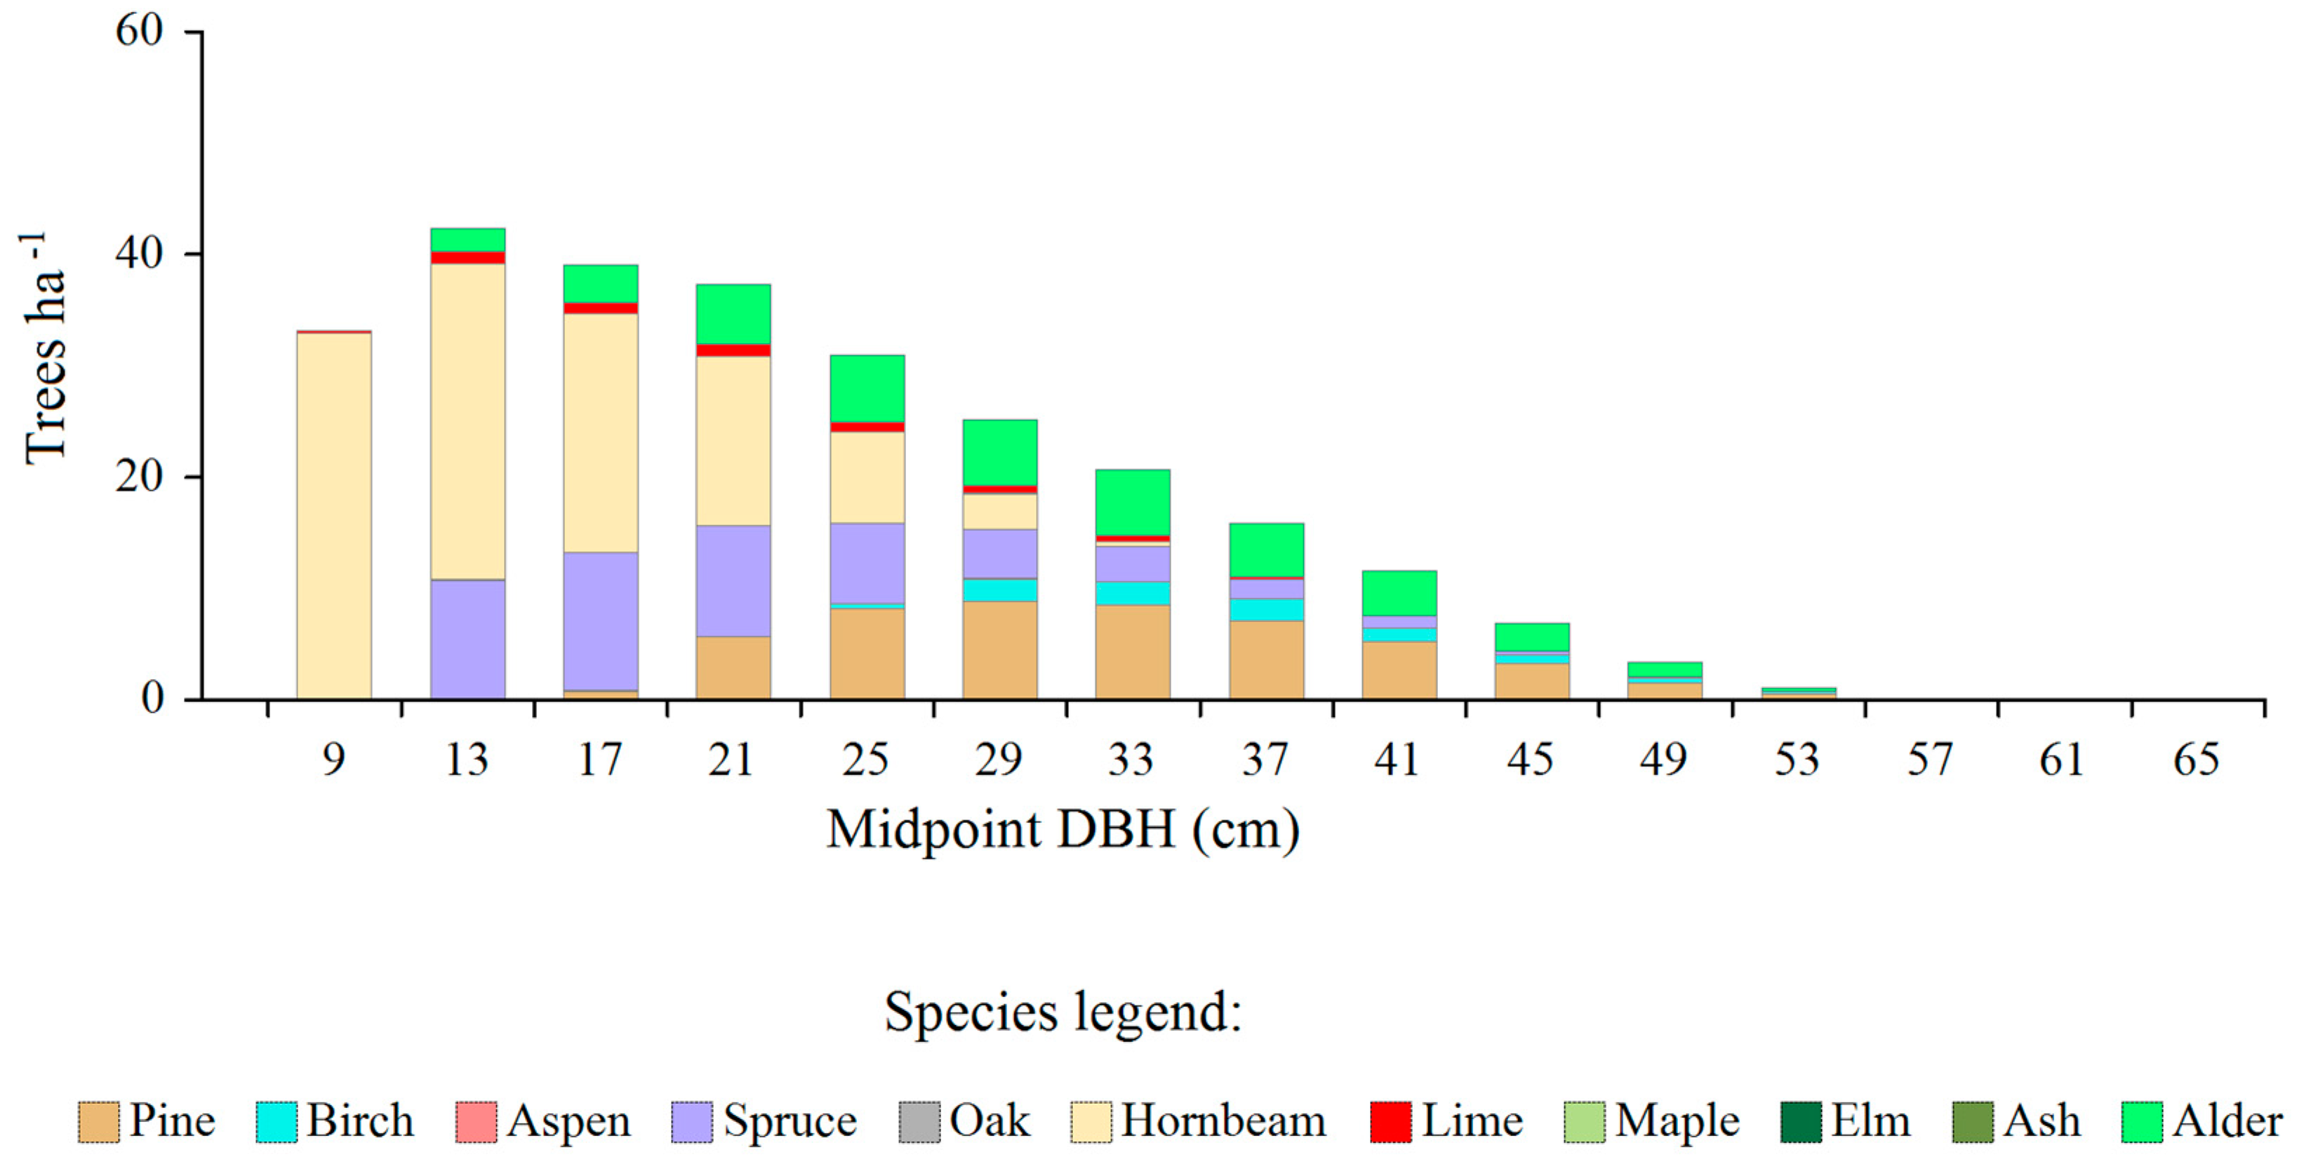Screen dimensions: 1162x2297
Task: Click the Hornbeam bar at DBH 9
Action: (x=333, y=515)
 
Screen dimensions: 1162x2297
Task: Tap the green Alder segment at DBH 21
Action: (x=733, y=314)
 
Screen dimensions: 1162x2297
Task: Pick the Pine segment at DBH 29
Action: (x=999, y=650)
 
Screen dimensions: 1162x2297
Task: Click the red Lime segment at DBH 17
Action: (x=600, y=308)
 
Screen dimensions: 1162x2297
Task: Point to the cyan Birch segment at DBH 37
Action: (x=1266, y=609)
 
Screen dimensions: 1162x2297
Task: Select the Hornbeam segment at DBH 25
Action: (x=867, y=477)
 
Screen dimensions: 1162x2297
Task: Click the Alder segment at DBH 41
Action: (x=1399, y=593)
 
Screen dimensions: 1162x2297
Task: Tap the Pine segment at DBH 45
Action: (x=1532, y=680)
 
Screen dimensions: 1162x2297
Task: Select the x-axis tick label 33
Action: (x=1131, y=760)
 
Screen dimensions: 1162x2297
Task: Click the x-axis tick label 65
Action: (x=2195, y=760)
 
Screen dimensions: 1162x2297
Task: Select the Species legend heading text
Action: (x=1063, y=1012)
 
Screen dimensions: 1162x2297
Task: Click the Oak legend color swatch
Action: (x=919, y=1123)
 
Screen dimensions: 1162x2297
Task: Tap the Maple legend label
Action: (x=1677, y=1121)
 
